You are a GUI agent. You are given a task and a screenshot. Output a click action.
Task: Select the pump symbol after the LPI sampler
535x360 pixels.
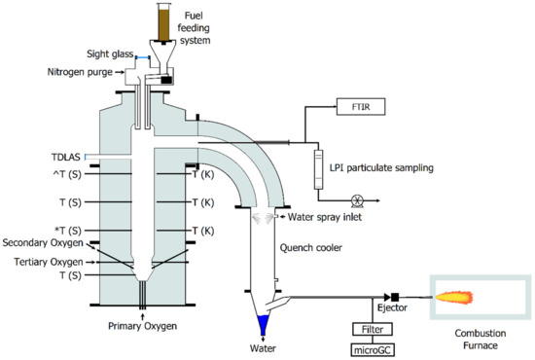[358, 200]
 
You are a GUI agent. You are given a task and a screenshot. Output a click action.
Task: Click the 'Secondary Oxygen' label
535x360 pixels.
[44, 243]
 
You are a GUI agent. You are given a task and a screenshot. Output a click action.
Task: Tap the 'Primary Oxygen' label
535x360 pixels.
[144, 327]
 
